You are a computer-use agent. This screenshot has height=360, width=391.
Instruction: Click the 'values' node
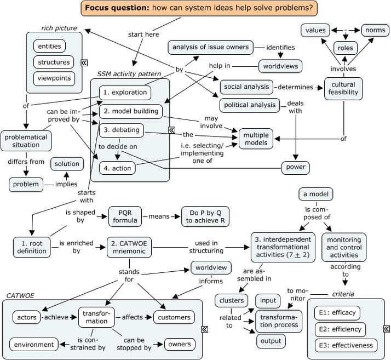tap(315, 30)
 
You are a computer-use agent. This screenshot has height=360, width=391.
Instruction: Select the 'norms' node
tap(375, 30)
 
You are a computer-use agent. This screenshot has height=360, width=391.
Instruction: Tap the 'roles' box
tap(346, 48)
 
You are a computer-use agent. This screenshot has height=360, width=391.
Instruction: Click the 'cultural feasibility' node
tap(343, 88)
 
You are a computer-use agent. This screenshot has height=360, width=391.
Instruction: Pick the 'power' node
tap(296, 168)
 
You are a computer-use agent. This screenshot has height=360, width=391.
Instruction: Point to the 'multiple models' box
tap(256, 139)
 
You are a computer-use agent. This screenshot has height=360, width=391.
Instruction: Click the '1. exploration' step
tap(125, 93)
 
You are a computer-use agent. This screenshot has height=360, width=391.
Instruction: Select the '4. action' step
tap(117, 168)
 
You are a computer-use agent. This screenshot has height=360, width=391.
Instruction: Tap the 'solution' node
tap(67, 164)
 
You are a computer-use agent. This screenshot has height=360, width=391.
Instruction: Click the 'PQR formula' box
tap(125, 216)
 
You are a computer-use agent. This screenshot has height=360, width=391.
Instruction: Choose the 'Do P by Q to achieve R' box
tap(205, 216)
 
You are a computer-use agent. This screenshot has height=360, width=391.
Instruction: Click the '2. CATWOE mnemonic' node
tap(129, 247)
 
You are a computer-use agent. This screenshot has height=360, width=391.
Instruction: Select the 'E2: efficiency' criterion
tap(340, 329)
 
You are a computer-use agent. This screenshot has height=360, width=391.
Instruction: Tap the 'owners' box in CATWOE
tap(180, 344)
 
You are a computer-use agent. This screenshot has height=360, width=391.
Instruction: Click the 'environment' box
tap(34, 345)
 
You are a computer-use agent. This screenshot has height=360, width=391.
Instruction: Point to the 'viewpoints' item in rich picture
tap(54, 78)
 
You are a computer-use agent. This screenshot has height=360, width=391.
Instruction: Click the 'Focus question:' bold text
tap(117, 8)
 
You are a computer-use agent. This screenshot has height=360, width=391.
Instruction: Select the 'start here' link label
tap(143, 35)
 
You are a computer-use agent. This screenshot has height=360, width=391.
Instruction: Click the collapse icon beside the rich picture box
tap(84, 62)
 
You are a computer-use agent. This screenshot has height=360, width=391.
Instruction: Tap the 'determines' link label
tap(295, 87)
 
